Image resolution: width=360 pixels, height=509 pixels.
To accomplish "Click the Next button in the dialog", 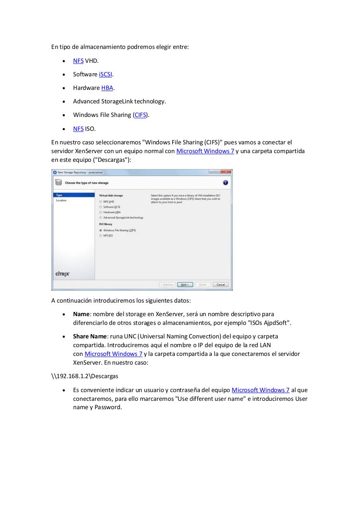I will pyautogui.click(x=185, y=285).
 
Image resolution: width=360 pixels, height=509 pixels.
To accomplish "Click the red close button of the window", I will pyautogui.click(x=226, y=172).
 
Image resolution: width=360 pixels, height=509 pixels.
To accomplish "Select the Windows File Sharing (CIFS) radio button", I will pyautogui.click(x=101, y=230).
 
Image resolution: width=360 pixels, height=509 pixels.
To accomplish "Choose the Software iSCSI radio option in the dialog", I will pyautogui.click(x=101, y=207).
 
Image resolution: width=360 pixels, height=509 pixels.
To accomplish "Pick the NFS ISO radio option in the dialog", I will pyautogui.click(x=101, y=236).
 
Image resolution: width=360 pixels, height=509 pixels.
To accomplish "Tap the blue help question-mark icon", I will pyautogui.click(x=225, y=183).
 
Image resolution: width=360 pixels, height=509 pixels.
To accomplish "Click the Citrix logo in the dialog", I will pyautogui.click(x=62, y=274).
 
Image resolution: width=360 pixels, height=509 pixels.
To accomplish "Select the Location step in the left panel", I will pyautogui.click(x=62, y=200).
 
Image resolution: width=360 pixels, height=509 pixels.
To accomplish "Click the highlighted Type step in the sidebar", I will pyautogui.click(x=60, y=195).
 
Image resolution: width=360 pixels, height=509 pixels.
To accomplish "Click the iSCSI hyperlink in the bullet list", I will pyautogui.click(x=105, y=74).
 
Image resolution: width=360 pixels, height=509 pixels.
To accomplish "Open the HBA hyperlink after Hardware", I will pyautogui.click(x=107, y=88).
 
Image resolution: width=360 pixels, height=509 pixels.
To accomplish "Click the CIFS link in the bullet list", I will pyautogui.click(x=140, y=115).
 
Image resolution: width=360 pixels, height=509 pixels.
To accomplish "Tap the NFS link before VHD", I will pyautogui.click(x=78, y=61).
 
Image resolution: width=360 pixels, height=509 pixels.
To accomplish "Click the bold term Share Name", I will pyautogui.click(x=90, y=336).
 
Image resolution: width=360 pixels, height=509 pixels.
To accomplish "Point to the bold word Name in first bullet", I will pyautogui.click(x=81, y=314).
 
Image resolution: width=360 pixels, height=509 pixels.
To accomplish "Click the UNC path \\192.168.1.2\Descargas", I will pyautogui.click(x=85, y=376).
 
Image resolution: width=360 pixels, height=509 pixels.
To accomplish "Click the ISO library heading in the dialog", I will pyautogui.click(x=105, y=224).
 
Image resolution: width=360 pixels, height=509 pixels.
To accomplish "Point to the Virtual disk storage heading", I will pyautogui.click(x=111, y=195).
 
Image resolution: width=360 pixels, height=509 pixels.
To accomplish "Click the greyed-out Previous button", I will pyautogui.click(x=167, y=285).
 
